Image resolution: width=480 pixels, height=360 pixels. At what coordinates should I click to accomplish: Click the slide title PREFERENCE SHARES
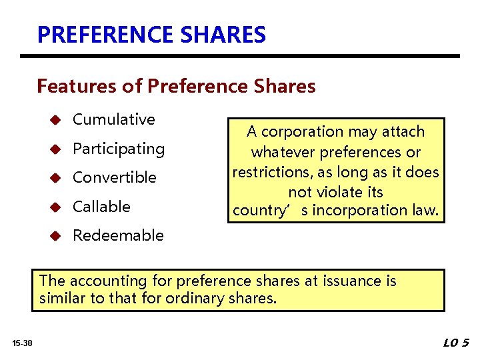[151, 34]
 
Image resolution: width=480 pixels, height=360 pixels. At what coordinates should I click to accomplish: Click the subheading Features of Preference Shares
[176, 86]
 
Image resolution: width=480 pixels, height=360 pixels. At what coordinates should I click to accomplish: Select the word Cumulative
[113, 119]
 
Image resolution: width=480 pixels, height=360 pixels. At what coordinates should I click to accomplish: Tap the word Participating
[118, 149]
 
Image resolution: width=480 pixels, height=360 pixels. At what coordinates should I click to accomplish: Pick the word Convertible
[114, 177]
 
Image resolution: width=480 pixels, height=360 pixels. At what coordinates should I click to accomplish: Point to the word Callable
[101, 207]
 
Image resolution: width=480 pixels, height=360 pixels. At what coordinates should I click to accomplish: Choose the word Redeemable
[117, 235]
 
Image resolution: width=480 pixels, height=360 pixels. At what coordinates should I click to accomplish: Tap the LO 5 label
[456, 343]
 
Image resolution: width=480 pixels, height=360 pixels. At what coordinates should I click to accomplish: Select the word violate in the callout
[339, 191]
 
